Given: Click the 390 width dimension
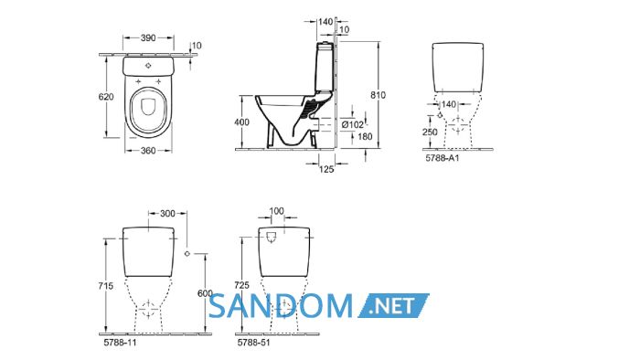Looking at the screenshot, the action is [x=148, y=37].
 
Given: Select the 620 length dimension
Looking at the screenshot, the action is [x=106, y=97].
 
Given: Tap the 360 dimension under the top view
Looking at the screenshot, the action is [x=148, y=151].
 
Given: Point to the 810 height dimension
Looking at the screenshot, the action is [x=378, y=95].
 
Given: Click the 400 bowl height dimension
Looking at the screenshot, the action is [x=241, y=122].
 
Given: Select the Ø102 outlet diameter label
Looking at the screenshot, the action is [x=353, y=125].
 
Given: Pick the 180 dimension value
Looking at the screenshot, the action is [x=365, y=136].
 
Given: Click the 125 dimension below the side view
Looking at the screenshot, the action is [x=326, y=169].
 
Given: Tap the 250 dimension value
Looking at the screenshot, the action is [x=430, y=132].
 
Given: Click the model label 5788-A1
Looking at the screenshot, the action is [x=443, y=158].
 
